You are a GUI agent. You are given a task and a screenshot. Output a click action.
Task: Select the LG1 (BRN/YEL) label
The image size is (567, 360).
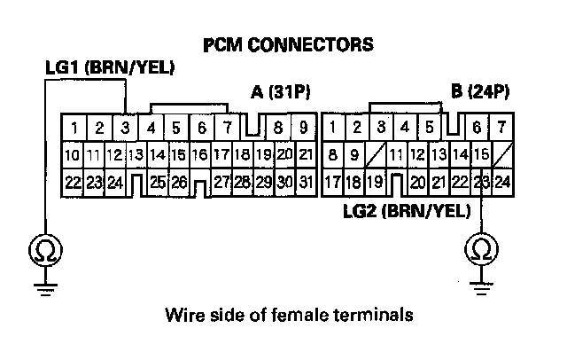coord(109,67)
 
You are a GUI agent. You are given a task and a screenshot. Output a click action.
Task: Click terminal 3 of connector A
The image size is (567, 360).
coord(126,128)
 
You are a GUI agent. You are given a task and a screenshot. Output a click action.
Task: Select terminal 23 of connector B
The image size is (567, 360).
coord(481,184)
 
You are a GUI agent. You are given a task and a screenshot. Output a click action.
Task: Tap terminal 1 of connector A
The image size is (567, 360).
coord(76,128)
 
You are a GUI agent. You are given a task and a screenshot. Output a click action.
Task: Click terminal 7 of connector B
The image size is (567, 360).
coord(501,128)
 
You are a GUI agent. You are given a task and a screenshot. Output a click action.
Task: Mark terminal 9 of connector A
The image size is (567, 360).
coord(302,128)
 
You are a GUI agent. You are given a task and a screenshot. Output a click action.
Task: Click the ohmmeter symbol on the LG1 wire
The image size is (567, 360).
coord(42,252)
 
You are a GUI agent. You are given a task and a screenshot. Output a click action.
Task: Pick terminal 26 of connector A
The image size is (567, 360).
coord(179,184)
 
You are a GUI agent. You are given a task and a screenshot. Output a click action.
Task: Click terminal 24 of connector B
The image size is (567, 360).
coord(502,184)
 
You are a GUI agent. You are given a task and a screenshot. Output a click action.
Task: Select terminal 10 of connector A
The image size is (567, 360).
coord(74,155)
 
